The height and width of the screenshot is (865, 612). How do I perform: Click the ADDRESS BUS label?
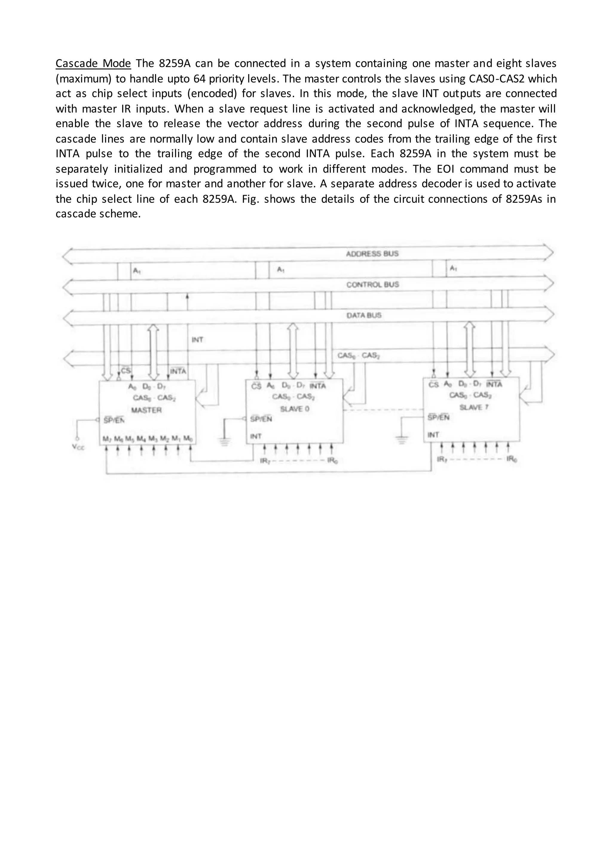pyautogui.click(x=372, y=254)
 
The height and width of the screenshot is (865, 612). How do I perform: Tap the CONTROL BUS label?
pyautogui.click(x=372, y=284)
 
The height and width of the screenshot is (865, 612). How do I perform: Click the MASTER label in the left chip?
pyautogui.click(x=147, y=410)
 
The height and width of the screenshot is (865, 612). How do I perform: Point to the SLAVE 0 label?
pyautogui.click(x=295, y=409)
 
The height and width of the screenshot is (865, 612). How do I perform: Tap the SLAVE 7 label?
pyautogui.click(x=474, y=407)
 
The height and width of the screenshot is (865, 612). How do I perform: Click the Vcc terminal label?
pyautogui.click(x=78, y=448)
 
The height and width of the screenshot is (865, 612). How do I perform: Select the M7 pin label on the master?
pyautogui.click(x=106, y=439)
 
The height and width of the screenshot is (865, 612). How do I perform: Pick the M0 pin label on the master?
pyautogui.click(x=188, y=439)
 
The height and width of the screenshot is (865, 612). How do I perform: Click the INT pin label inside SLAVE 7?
pyautogui.click(x=433, y=435)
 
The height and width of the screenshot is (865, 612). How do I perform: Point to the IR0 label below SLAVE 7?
pyautogui.click(x=512, y=459)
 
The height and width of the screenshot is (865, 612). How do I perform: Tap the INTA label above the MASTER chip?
pyautogui.click(x=178, y=371)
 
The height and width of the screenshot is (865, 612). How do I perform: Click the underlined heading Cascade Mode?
pyautogui.click(x=93, y=63)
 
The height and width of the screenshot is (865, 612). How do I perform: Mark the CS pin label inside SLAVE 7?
pyautogui.click(x=434, y=385)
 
